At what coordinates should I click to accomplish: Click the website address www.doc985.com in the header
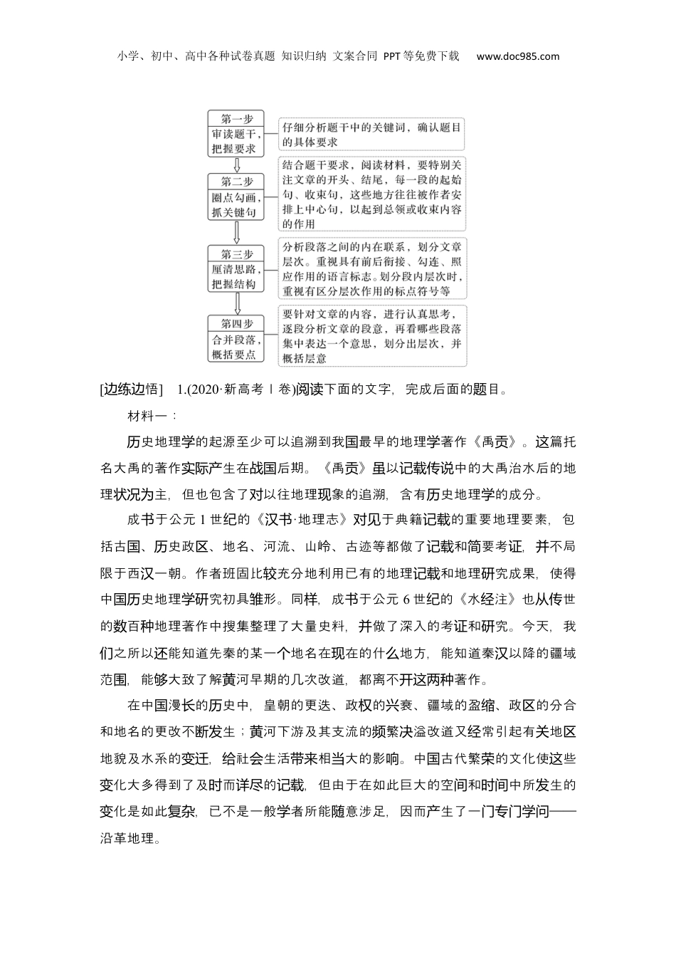tap(517, 56)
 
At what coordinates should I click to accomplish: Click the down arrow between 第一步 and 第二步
tap(236, 165)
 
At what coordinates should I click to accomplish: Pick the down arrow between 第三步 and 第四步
tap(236, 303)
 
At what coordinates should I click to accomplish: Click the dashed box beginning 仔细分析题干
tap(371, 135)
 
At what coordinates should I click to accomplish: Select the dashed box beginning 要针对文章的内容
tap(371, 335)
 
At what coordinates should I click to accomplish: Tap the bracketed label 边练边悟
tap(132, 389)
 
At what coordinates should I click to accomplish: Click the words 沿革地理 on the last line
tap(127, 838)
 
